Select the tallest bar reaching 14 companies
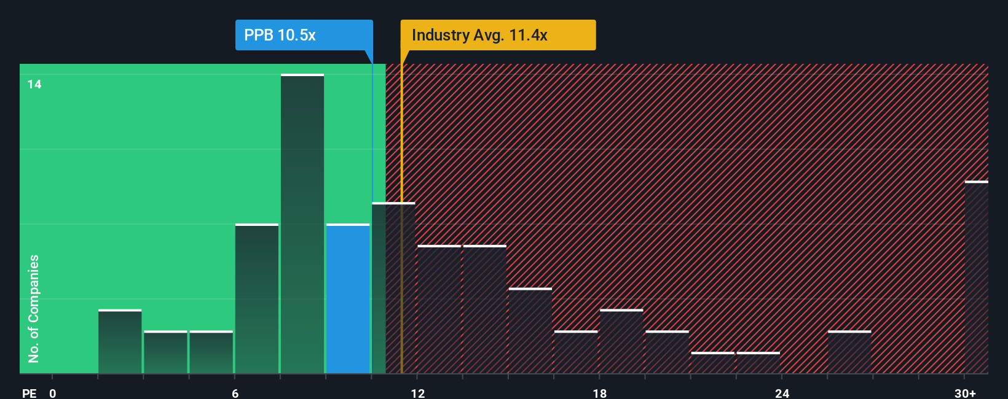[302, 224]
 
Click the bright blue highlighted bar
[348, 299]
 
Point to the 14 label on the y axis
[34, 84]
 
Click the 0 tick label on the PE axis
[53, 393]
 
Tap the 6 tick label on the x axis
[235, 393]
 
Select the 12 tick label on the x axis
[417, 393]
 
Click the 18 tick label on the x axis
[600, 393]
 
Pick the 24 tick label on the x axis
[782, 393]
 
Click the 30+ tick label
[965, 393]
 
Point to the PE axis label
[29, 393]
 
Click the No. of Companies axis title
[34, 308]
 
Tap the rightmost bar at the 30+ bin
[976, 277]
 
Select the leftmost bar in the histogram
[120, 342]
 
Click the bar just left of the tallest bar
[257, 299]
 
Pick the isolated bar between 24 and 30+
[849, 352]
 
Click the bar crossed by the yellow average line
[393, 289]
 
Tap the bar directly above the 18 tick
[621, 342]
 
